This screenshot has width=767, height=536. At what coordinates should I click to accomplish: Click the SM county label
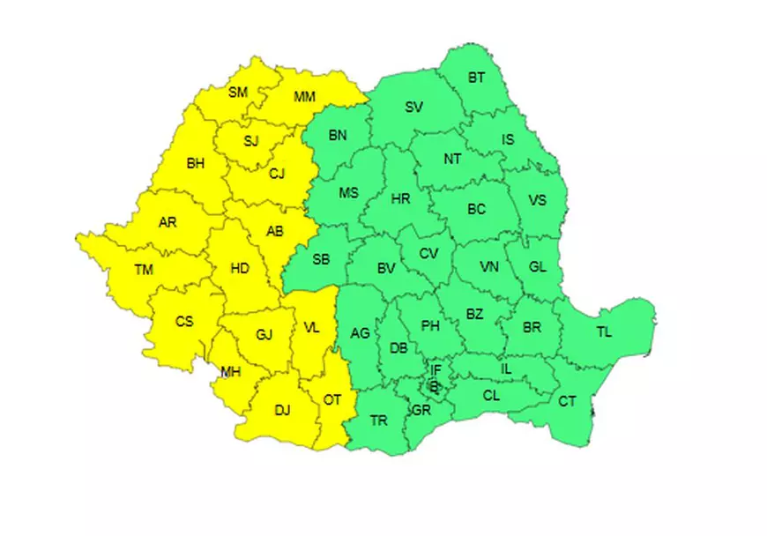click(238, 92)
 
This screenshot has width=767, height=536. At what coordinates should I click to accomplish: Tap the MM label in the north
click(304, 96)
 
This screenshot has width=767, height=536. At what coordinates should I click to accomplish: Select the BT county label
click(476, 78)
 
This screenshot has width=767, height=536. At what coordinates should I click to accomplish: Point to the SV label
click(413, 108)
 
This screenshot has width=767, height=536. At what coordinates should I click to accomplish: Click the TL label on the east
click(604, 332)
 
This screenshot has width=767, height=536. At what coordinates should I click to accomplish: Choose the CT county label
click(568, 402)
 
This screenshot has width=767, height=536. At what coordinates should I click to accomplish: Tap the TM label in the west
click(144, 271)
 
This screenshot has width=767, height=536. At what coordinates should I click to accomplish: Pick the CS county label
click(183, 321)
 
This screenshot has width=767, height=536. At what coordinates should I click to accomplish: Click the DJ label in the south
click(282, 408)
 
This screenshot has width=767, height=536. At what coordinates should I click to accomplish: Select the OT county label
click(331, 399)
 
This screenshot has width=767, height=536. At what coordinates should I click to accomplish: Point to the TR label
click(379, 421)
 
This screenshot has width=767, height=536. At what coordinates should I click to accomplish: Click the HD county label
click(240, 269)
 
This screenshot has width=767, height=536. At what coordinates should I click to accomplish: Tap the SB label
click(321, 259)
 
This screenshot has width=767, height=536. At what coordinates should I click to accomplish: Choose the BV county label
click(385, 267)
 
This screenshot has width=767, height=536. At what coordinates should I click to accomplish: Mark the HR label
click(400, 199)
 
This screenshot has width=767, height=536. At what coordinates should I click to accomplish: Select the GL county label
click(538, 267)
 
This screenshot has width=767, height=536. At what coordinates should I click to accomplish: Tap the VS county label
click(537, 199)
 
